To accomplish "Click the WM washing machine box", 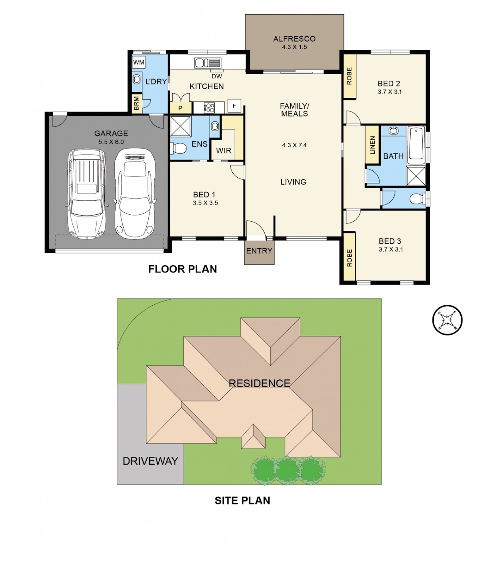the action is [139, 63].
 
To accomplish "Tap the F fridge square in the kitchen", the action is [234, 106].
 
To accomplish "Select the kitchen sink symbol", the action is [208, 63].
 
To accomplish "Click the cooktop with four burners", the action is [209, 107].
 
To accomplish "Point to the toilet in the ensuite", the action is [178, 149].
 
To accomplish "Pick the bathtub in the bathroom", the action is [415, 145].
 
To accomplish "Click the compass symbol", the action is [447, 320].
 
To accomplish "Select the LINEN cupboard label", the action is [373, 145].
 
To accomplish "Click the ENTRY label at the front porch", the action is [259, 251].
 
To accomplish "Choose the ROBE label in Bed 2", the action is [349, 76].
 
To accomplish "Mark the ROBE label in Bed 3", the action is [349, 258].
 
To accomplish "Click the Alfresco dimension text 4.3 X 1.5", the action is [294, 47].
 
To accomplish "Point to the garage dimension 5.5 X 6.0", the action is [111, 142].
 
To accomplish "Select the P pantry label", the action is [180, 108].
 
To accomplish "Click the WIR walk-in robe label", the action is [224, 151].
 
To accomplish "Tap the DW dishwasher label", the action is [217, 76].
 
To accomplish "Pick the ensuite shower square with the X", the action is [180, 126].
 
